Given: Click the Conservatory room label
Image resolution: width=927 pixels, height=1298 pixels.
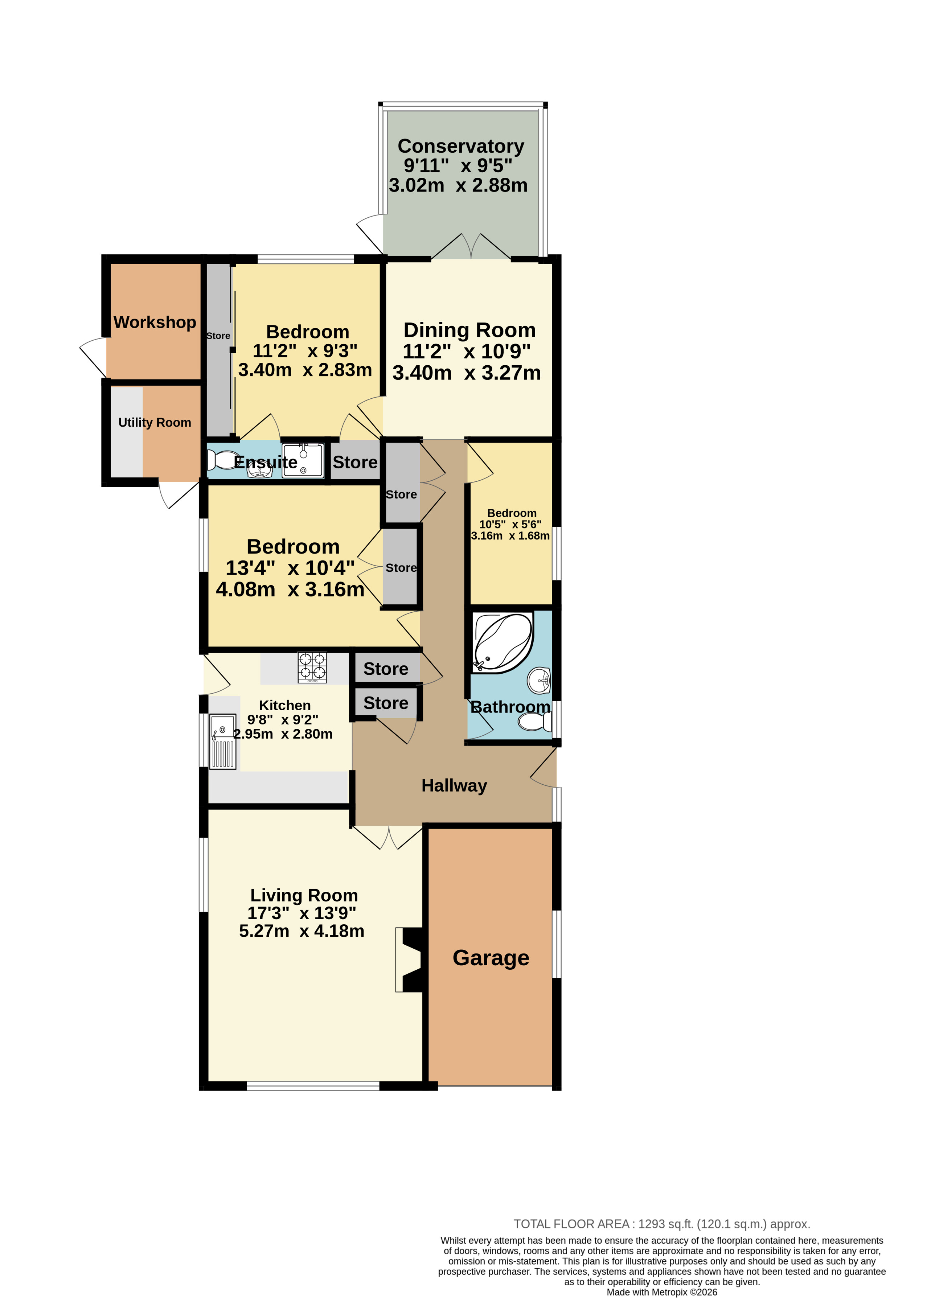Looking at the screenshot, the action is [461, 146].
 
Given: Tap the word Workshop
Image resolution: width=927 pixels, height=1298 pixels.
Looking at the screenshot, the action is [155, 323].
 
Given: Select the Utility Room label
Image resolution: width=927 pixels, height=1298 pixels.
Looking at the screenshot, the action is [155, 422].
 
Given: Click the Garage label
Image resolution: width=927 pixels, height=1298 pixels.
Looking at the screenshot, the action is [491, 958].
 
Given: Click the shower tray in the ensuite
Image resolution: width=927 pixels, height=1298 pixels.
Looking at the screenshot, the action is [303, 460].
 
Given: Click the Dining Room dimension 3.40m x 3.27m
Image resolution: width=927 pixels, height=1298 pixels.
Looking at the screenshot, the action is [466, 373].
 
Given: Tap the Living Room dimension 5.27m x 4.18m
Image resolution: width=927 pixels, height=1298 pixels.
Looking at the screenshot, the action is [302, 931].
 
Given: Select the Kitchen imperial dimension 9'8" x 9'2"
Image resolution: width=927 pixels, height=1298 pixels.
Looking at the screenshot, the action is [283, 720].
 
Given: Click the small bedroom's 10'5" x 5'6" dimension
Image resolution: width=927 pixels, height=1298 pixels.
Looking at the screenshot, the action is [510, 524].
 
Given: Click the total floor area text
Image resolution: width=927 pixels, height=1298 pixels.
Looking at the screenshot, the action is [661, 1224].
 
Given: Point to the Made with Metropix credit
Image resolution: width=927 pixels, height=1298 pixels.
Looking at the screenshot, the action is [661, 1292].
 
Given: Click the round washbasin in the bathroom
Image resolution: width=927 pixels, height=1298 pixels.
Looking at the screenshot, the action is [540, 681].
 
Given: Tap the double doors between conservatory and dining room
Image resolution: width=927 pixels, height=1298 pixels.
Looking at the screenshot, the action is [471, 247].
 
